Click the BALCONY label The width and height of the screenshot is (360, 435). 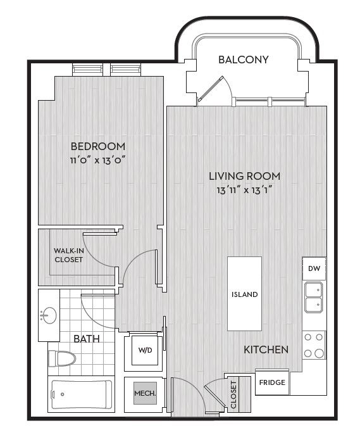coord(244,60)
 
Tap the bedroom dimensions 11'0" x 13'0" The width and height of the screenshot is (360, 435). coord(98,160)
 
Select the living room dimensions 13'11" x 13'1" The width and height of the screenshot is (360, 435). coord(244,191)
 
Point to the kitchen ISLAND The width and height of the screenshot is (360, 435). coord(244,294)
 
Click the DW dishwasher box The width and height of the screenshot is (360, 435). coord(314,268)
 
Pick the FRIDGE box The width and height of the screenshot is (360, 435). coord(272,382)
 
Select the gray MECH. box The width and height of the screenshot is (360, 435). coord(145,393)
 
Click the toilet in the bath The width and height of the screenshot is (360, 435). coord(62,359)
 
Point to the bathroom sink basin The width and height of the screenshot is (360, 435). coord(49,315)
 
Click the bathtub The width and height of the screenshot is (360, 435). coord(82,394)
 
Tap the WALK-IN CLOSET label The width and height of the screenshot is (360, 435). coord(69,255)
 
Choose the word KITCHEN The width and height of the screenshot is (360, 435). coord(266,350)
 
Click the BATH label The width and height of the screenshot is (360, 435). coord(87,339)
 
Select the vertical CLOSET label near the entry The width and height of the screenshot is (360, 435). coord(233,394)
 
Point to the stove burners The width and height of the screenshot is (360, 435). coord(314,345)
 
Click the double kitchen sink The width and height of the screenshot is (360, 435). coord(314,298)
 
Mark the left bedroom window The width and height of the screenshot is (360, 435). coord(87,70)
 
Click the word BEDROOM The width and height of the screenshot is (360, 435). coord(98,146)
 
